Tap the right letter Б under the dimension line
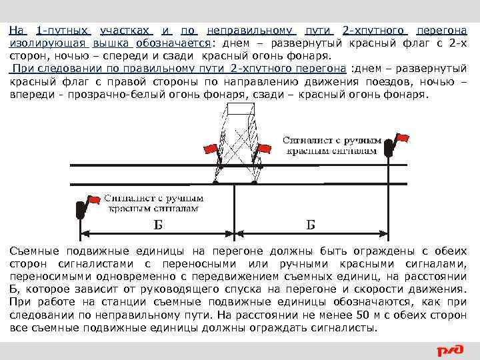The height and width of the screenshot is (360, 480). (311, 225)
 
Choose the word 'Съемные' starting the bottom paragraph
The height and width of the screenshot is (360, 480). (34, 251)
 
